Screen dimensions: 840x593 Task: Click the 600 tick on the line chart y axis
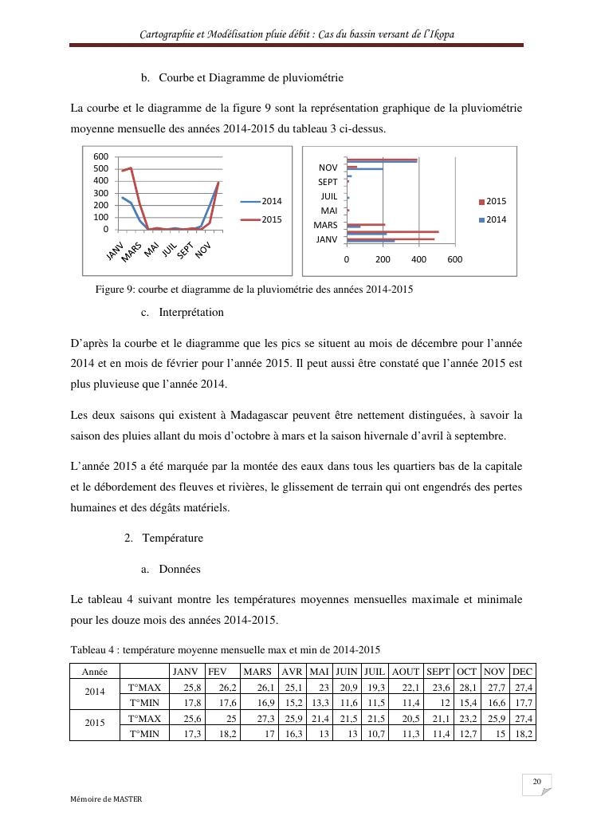pos(102,156)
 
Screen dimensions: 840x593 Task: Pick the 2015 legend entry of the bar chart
pos(496,202)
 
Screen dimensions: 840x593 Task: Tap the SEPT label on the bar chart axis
pos(328,182)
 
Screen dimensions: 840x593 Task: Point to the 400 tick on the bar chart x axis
pos(418,259)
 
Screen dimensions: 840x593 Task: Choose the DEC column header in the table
pos(523,672)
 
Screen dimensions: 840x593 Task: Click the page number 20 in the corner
pos(536,782)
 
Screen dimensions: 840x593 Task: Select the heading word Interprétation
pos(191,313)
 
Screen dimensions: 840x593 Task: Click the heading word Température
pos(173,538)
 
